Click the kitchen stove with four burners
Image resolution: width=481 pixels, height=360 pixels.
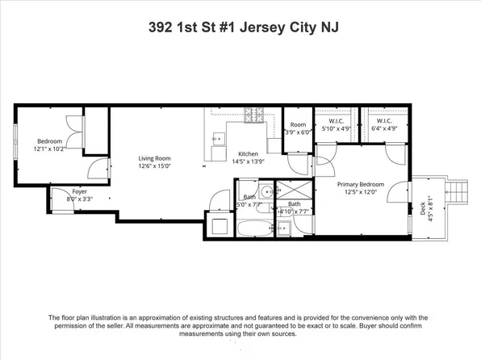point(255,123)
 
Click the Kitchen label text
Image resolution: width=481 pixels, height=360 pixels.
point(248,153)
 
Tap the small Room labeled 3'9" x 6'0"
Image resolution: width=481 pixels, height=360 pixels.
point(298,128)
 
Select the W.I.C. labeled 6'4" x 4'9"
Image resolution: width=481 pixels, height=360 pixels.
point(383,124)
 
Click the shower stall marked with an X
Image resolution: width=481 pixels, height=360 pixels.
point(287,190)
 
